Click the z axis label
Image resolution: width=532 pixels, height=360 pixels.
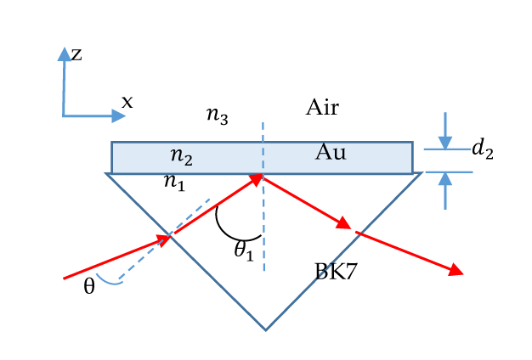tap(76, 55)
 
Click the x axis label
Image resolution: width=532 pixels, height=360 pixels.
tap(127, 102)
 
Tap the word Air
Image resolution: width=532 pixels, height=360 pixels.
tap(322, 108)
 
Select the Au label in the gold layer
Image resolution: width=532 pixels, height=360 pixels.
tap(330, 152)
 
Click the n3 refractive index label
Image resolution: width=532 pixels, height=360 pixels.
tap(218, 116)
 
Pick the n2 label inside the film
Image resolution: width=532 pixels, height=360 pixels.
tap(181, 156)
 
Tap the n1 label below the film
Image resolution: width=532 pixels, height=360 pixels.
tap(173, 182)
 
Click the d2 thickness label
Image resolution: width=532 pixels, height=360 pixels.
tap(482, 150)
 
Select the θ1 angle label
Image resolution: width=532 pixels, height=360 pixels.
tap(244, 250)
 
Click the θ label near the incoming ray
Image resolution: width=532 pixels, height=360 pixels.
tap(89, 287)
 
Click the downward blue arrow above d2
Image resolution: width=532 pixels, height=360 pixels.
tap(444, 139)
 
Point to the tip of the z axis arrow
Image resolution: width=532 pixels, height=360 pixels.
tap(64, 50)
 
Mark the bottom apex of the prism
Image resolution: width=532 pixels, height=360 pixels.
tap(266, 329)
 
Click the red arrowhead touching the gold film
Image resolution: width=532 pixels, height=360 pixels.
tap(256, 179)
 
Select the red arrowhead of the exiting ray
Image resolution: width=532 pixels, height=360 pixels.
tap(456, 271)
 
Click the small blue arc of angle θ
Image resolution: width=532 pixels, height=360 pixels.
tap(110, 281)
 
